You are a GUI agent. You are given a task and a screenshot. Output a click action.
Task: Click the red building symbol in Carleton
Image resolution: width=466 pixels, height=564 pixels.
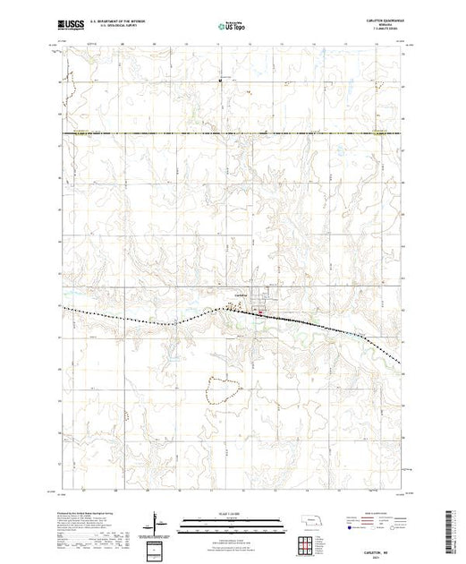pos(259,312)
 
